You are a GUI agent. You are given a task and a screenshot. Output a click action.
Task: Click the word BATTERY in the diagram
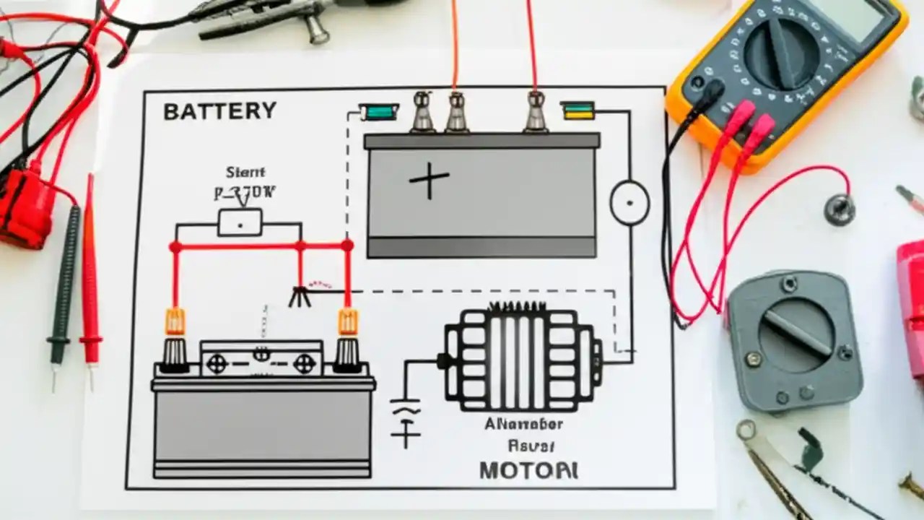point(219,111)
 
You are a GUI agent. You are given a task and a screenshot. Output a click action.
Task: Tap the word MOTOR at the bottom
point(528,470)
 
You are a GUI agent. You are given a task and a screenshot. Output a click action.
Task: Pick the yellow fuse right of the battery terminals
point(577,110)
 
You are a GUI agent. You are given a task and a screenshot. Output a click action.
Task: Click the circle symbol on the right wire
point(629,203)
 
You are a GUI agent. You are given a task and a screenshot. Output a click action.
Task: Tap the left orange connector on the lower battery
point(175,321)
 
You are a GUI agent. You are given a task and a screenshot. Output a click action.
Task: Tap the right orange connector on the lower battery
point(348,321)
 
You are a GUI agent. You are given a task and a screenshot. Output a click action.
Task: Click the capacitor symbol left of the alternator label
point(405,419)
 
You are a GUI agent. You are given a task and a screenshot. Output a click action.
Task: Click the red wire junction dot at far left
point(175,247)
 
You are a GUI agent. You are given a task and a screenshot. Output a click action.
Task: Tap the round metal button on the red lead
point(840,209)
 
